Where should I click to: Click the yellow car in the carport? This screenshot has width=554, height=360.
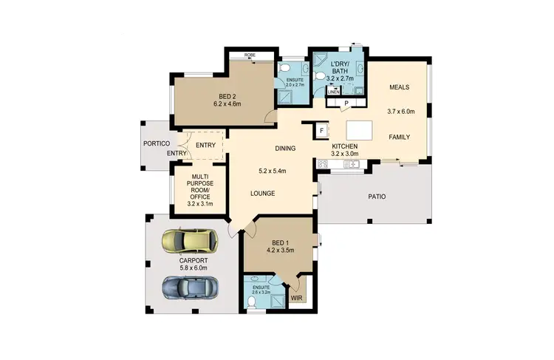(190, 240)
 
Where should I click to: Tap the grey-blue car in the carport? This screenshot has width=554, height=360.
(190, 286)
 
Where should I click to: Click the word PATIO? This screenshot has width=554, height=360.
(377, 197)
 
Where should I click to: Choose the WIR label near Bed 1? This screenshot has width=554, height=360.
(297, 299)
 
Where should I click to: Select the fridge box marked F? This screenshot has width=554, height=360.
(322, 130)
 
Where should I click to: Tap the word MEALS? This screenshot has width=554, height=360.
(399, 87)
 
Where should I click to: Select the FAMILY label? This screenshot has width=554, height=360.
(399, 137)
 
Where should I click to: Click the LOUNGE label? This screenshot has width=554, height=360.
(262, 194)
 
